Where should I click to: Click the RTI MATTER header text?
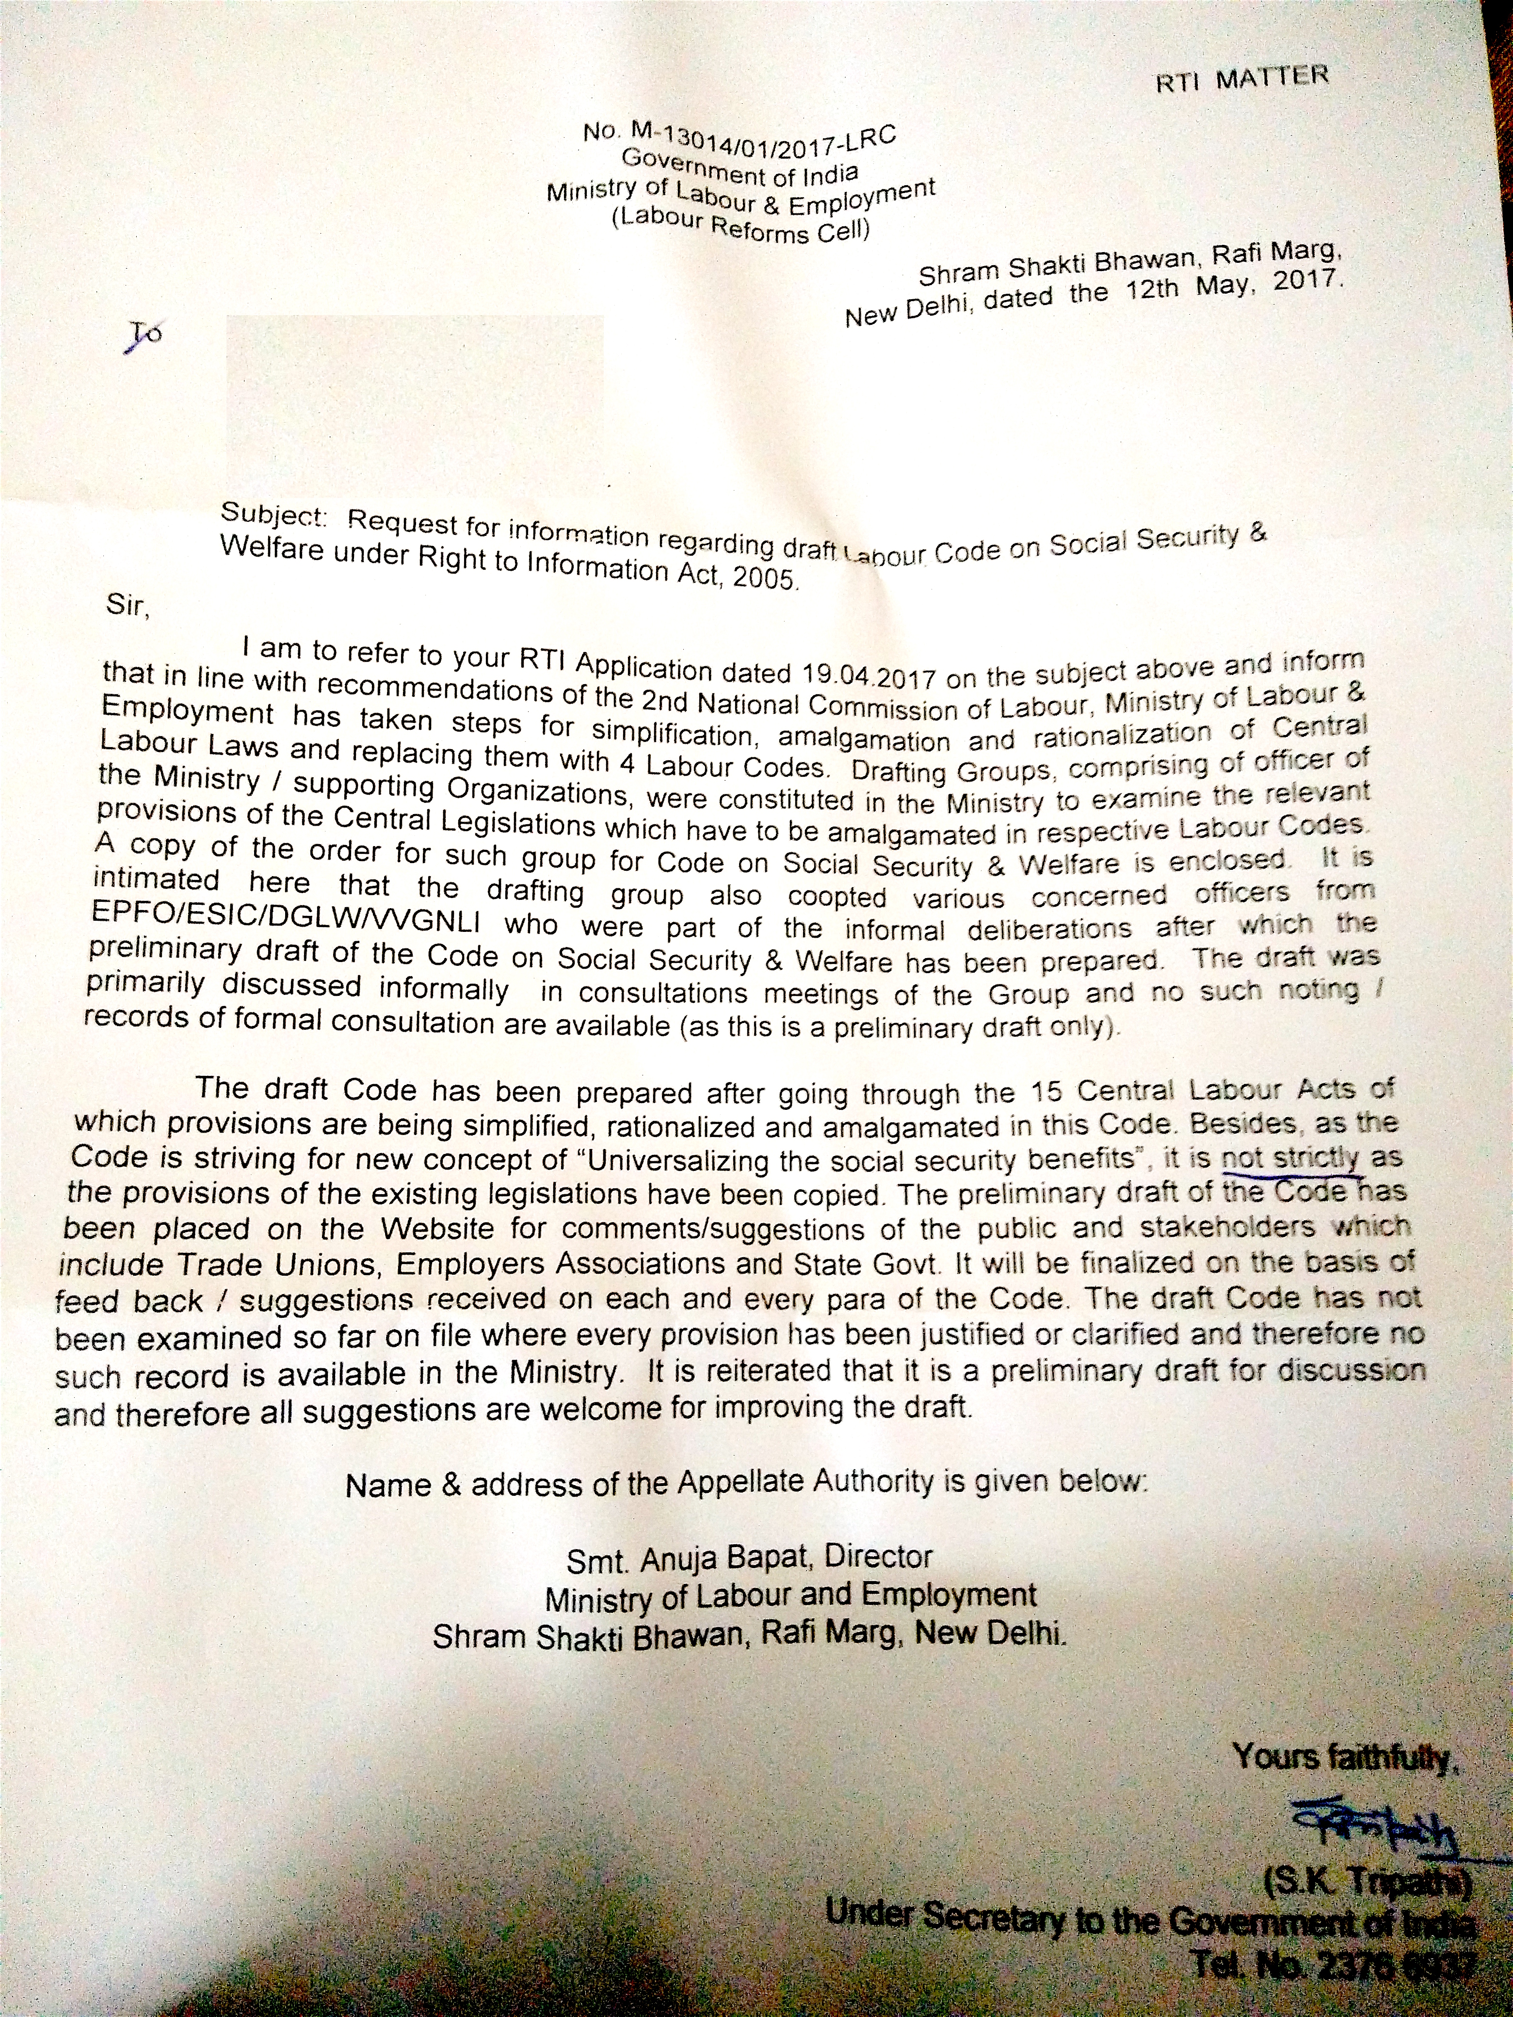(1241, 80)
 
